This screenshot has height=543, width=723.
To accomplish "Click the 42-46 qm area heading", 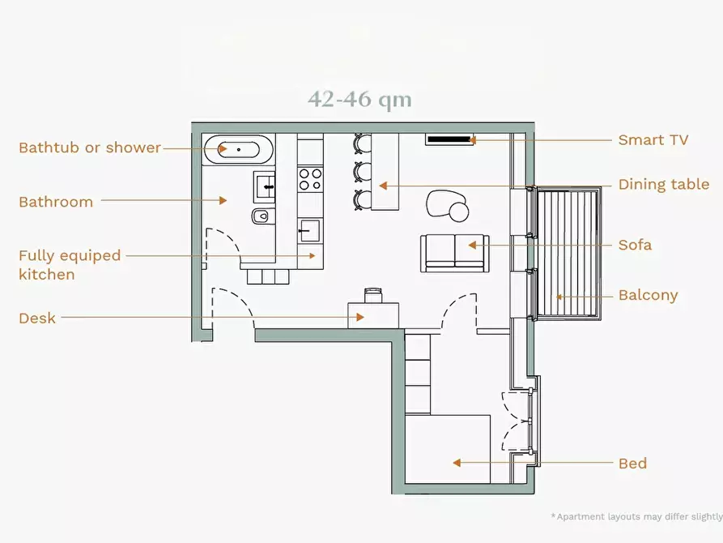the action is (x=359, y=99).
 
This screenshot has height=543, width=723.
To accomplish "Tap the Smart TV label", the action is (x=653, y=140).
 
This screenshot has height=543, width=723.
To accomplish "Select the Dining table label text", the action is (x=664, y=184).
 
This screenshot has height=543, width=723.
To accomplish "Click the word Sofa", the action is (x=635, y=245).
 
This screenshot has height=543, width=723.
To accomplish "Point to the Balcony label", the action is (x=648, y=296).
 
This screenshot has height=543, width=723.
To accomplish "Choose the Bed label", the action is (x=632, y=463).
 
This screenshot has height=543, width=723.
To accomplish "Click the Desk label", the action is (x=37, y=319).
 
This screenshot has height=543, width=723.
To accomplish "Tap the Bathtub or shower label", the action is (x=90, y=148).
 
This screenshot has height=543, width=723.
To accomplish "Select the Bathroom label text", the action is (x=56, y=202).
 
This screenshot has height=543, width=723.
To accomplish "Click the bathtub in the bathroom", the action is (x=238, y=149).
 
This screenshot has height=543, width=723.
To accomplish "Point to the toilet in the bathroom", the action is (x=262, y=216).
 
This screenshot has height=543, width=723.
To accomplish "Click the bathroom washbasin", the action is (x=265, y=186).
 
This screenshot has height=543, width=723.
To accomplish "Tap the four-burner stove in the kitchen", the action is (x=310, y=180).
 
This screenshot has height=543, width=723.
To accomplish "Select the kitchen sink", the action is (x=309, y=230).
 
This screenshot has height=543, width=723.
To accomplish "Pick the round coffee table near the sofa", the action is (x=459, y=212).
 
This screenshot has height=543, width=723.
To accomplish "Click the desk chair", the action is (x=373, y=294).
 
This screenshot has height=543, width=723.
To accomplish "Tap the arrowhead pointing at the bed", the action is (x=457, y=463).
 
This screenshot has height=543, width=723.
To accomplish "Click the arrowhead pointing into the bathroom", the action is (x=223, y=200).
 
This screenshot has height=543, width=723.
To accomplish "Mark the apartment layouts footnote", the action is (x=637, y=516).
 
